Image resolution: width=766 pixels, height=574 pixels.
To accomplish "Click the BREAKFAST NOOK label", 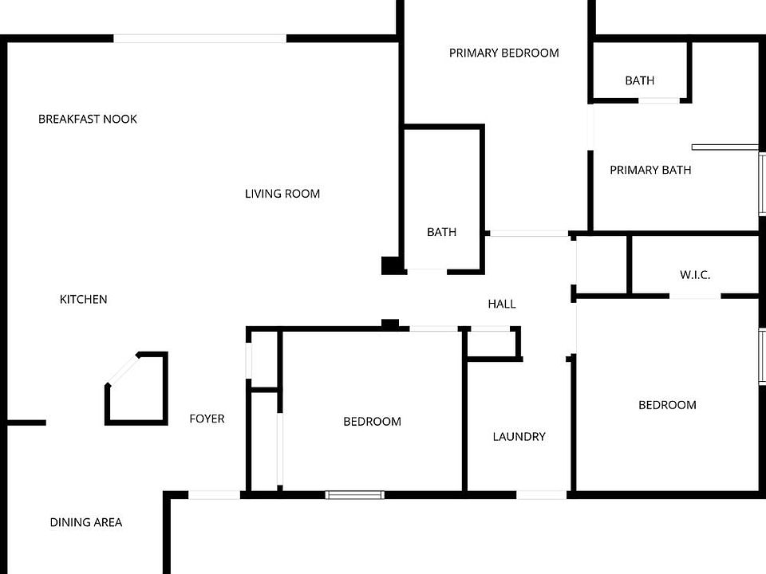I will pyautogui.click(x=88, y=120).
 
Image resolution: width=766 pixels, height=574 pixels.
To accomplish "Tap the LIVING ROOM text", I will pyautogui.click(x=282, y=194).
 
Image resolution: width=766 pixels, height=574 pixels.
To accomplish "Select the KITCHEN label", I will pyautogui.click(x=84, y=300).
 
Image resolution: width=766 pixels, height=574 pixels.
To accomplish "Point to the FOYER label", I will pyautogui.click(x=207, y=419).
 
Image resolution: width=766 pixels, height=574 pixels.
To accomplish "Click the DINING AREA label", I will pyautogui.click(x=86, y=523).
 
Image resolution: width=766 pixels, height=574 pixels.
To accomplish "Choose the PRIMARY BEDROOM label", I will pyautogui.click(x=503, y=53).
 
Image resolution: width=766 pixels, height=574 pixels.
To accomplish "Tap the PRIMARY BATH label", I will pyautogui.click(x=650, y=170).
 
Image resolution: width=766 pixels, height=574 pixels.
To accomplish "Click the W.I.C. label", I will pyautogui.click(x=695, y=275).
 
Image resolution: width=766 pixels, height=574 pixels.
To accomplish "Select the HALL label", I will pyautogui.click(x=502, y=304).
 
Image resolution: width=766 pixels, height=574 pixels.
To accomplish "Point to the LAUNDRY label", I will pyautogui.click(x=519, y=437).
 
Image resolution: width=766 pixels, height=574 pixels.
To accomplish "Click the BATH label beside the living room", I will pyautogui.click(x=441, y=232).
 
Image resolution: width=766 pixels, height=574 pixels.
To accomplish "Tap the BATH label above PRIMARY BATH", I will pyautogui.click(x=640, y=81).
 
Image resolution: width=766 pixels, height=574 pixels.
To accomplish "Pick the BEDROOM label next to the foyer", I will pyautogui.click(x=372, y=422).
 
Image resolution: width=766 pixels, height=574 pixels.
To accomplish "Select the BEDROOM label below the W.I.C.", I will pyautogui.click(x=667, y=405).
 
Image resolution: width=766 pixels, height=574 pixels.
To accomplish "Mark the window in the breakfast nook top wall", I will pyautogui.click(x=199, y=38).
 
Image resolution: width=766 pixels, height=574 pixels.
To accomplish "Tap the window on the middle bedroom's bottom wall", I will pyautogui.click(x=355, y=495).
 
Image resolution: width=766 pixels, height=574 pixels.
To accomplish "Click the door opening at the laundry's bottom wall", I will pyautogui.click(x=543, y=495).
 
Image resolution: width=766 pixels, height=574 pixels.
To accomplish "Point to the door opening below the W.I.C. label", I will pyautogui.click(x=694, y=297).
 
